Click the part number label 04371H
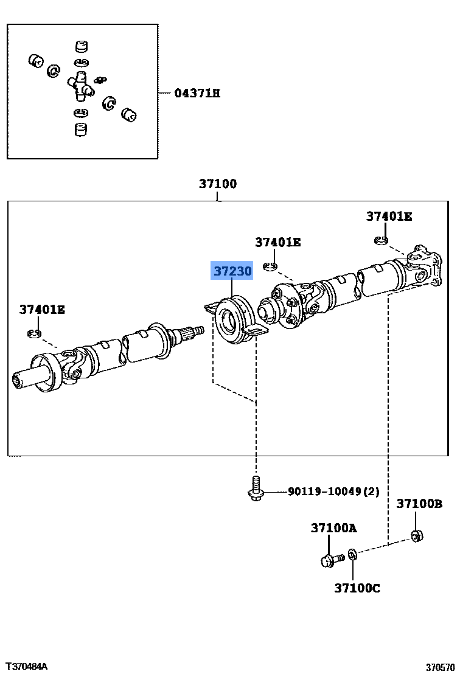click(197, 93)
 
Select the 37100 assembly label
click(218, 184)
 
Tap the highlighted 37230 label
click(232, 271)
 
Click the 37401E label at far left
click(42, 310)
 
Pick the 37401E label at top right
click(389, 216)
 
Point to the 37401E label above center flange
click(277, 242)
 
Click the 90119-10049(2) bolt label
click(333, 492)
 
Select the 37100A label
click(333, 528)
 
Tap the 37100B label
click(419, 504)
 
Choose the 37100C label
click(357, 588)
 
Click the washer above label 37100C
click(352, 555)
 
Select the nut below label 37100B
click(417, 536)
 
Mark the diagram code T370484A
click(26, 666)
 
